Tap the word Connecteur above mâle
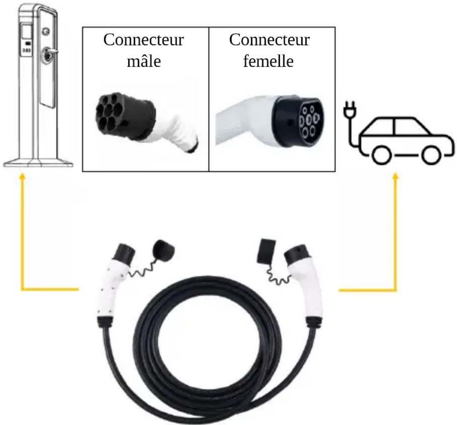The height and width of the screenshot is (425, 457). (x=144, y=40)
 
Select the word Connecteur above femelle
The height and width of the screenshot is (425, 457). (x=269, y=40)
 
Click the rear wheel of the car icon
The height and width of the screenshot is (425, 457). (x=382, y=155)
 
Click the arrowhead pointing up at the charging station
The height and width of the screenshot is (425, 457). (x=22, y=177)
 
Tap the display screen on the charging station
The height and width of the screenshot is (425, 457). (x=27, y=32)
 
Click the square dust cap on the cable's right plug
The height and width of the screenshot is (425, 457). (x=266, y=251)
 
